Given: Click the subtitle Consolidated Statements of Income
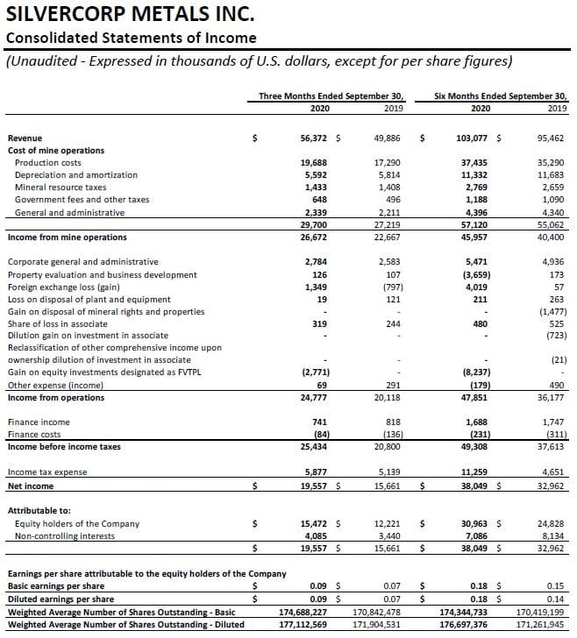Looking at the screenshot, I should pos(132,38).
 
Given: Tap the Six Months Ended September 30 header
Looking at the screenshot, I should pos(501,96).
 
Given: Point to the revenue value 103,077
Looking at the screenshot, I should pos(473,138).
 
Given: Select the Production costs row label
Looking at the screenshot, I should pos(48,163).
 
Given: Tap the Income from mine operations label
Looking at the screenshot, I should pos(67,237).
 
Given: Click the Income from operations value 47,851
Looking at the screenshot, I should pos(474,397).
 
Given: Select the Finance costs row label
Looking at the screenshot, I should pos(34,435).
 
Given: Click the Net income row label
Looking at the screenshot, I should pos(31,486).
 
